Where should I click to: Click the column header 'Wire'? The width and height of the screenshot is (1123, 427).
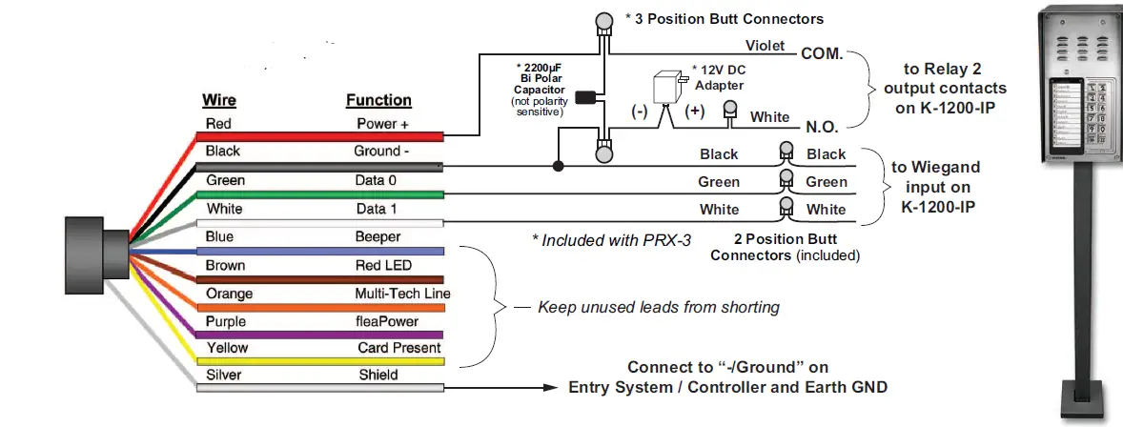point(220,100)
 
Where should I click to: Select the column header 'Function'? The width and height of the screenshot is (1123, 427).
point(378,100)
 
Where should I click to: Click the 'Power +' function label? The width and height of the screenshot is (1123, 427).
point(382,124)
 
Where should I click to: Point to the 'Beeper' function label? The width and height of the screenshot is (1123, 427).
point(378,236)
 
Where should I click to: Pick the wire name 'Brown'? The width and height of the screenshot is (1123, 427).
point(225,265)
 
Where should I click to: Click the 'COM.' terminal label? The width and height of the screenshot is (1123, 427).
point(823,54)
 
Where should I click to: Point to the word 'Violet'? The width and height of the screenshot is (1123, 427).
point(766,45)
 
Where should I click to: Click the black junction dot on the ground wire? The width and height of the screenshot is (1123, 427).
point(558,167)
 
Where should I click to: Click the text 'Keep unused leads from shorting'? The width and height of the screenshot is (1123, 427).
point(659,307)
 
